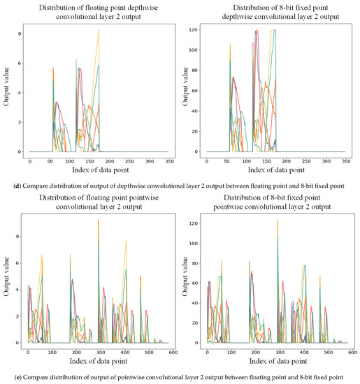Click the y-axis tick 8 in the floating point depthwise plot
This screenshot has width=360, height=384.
click(x=22, y=34)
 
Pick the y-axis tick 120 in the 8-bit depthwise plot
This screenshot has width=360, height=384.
click(x=194, y=29)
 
